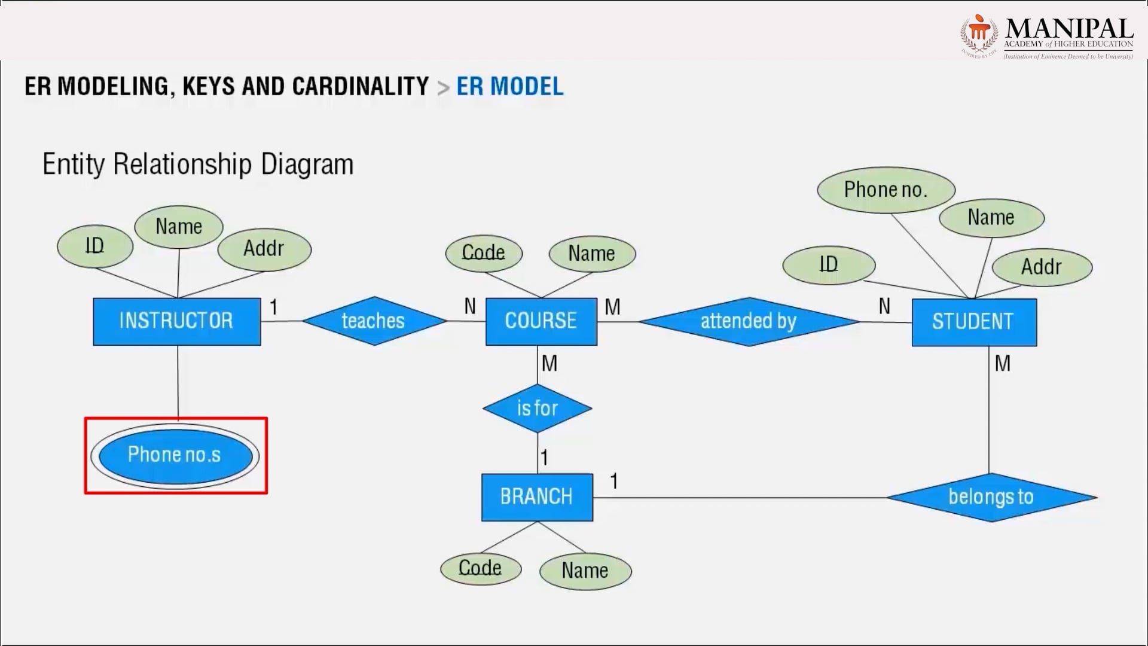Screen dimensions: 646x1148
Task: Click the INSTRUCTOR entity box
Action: [177, 321]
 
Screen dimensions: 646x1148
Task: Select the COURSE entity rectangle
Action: [541, 321]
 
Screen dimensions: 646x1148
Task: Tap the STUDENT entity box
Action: [974, 322]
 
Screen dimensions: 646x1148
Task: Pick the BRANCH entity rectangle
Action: [537, 496]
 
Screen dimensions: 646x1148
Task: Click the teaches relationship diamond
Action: [374, 321]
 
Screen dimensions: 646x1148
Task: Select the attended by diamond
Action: [749, 321]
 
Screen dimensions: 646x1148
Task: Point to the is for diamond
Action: [537, 409]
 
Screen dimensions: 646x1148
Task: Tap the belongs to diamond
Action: [991, 497]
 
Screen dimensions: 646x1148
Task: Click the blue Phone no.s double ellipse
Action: [175, 455]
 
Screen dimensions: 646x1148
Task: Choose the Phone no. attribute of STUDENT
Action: [886, 190]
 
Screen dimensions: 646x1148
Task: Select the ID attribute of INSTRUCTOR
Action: [95, 246]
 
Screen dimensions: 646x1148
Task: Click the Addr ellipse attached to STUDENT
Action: [1042, 267]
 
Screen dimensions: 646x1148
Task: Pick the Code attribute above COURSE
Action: [484, 253]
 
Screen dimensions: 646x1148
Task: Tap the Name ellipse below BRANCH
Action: [585, 571]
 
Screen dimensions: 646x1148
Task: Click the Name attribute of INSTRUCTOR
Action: [179, 227]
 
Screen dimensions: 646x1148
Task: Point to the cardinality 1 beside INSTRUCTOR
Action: [273, 307]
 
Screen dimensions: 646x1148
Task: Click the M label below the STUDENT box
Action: [1002, 363]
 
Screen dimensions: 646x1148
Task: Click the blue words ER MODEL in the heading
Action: [509, 87]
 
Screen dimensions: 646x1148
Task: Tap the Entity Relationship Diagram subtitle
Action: [198, 164]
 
